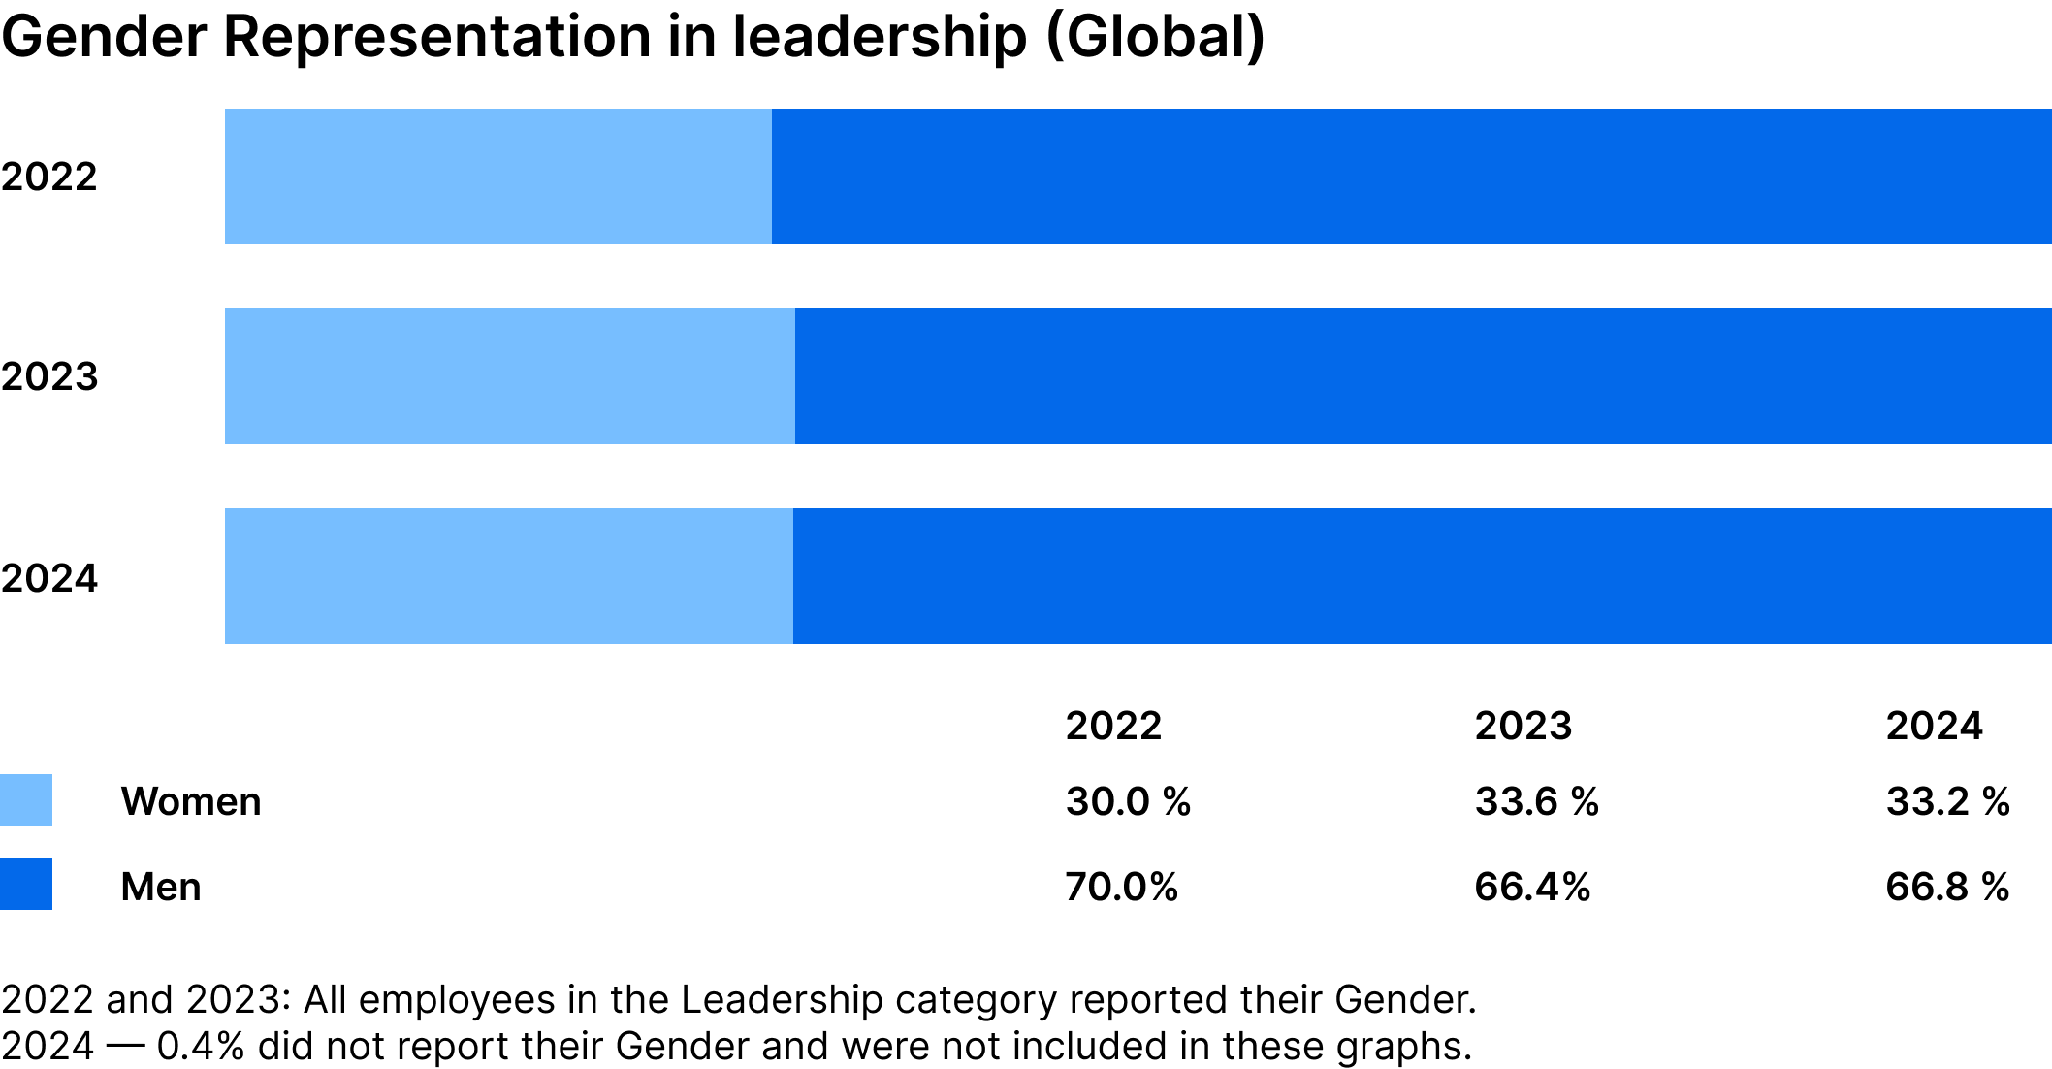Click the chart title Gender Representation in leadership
[x=632, y=37]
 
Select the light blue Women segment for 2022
[x=497, y=177]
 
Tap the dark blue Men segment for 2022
[x=1411, y=177]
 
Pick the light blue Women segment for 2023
[x=509, y=376]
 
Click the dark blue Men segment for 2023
[x=1423, y=376]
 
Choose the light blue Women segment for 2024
[x=508, y=576]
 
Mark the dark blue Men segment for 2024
[x=1422, y=576]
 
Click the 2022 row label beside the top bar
[x=49, y=178]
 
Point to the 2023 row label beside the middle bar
[x=49, y=376]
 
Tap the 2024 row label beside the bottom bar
[x=49, y=578]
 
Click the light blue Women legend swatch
[x=26, y=800]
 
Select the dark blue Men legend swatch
[x=26, y=884]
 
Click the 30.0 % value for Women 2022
[x=1128, y=801]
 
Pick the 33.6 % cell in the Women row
[x=1536, y=801]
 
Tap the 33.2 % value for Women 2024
[x=1947, y=801]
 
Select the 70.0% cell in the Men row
[x=1121, y=887]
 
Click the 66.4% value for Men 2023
[x=1532, y=887]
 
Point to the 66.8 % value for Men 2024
[x=1947, y=887]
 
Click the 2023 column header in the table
[x=1523, y=726]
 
